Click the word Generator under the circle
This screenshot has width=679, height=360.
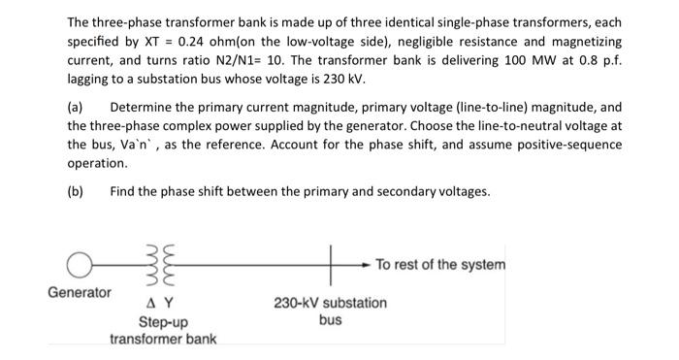pos(79,291)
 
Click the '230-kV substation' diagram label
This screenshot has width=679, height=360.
pos(330,303)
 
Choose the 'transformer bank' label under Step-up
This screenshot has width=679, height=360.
pos(163,339)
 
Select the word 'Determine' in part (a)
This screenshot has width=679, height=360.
pos(144,108)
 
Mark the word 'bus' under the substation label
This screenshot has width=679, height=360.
pos(330,319)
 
